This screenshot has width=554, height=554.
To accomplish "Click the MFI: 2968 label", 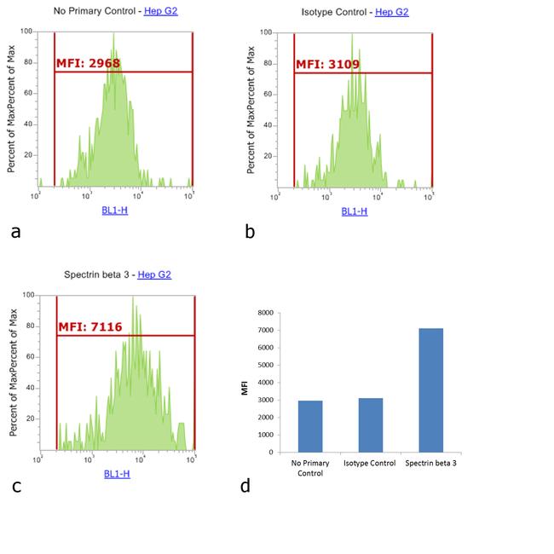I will [89, 62].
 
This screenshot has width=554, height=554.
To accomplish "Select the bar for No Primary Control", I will [310, 426].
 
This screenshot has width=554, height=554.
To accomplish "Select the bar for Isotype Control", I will [371, 424].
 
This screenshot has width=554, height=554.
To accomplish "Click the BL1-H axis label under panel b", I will [355, 210].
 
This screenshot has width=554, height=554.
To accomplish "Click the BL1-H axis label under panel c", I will [117, 473].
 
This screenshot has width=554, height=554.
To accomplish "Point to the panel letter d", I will [245, 486].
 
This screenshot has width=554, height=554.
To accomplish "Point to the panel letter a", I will [14, 230].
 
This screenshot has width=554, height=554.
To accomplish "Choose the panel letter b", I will [250, 230].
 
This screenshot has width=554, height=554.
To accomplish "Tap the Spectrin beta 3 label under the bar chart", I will [432, 464].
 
